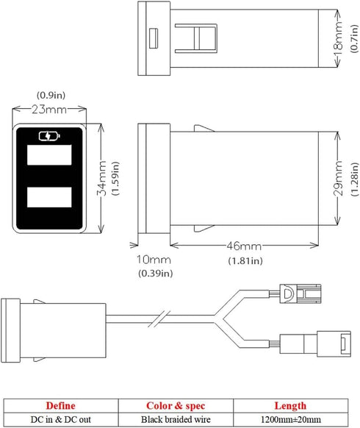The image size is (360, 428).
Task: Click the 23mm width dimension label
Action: pos(49,110)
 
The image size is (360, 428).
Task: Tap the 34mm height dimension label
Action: pos(101,178)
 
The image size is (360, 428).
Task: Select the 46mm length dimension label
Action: pos(244,246)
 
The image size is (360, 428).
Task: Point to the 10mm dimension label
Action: pos(154,260)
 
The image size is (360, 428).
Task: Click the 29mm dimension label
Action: pos(338,178)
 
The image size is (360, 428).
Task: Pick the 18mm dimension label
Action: pos(338,38)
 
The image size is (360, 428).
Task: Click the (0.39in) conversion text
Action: pos(156,274)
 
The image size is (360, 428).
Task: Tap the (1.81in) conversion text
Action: pos(245,261)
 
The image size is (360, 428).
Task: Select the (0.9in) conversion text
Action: pos(51,96)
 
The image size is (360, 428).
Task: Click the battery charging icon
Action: pos(49,136)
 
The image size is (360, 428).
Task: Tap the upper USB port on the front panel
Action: pos(49,155)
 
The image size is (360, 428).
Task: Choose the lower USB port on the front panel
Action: pos(49,197)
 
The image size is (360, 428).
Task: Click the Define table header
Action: pos(60,406)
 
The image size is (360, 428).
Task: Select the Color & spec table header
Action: pos(176,406)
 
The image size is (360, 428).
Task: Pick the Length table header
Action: pos(290,406)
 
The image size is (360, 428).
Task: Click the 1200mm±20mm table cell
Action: pos(291,419)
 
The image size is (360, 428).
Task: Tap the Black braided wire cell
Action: pos(176,419)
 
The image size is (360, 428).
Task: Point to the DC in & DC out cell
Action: pos(60,419)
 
